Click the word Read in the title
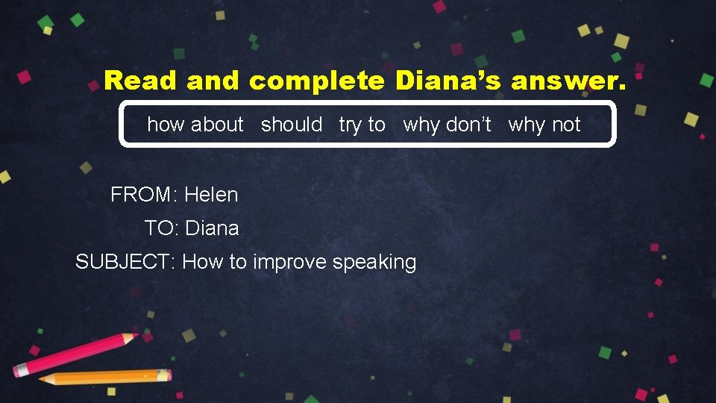(141, 81)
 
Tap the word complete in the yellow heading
(317, 81)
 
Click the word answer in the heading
(569, 81)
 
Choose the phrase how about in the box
(195, 125)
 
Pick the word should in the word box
(292, 125)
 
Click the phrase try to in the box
(362, 125)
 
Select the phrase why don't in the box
(447, 125)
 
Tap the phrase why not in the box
(544, 125)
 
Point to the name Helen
(211, 195)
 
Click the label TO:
(162, 228)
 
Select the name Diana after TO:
(212, 228)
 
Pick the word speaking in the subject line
(374, 262)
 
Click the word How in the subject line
(199, 262)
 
